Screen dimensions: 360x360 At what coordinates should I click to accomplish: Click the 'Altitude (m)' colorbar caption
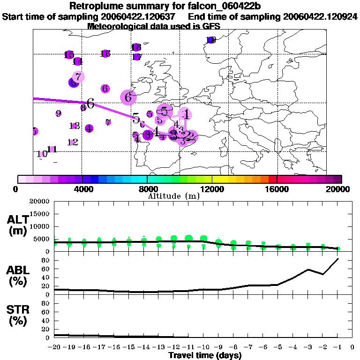pos(173,196)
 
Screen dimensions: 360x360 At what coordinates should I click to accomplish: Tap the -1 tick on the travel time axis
pos(337,347)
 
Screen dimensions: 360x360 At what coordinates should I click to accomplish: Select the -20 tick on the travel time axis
pos(54,347)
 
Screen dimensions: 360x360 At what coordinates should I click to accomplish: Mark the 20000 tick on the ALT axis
pos(39,201)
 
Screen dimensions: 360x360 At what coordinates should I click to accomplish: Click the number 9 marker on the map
pos(58,113)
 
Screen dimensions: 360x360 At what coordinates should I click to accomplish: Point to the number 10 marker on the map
pos(42,154)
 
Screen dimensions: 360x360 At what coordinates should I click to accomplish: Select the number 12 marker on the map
pos(72,142)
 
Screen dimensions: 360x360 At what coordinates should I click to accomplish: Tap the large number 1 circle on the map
pos(187,114)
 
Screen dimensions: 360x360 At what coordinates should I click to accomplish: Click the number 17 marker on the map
pos(137,57)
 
